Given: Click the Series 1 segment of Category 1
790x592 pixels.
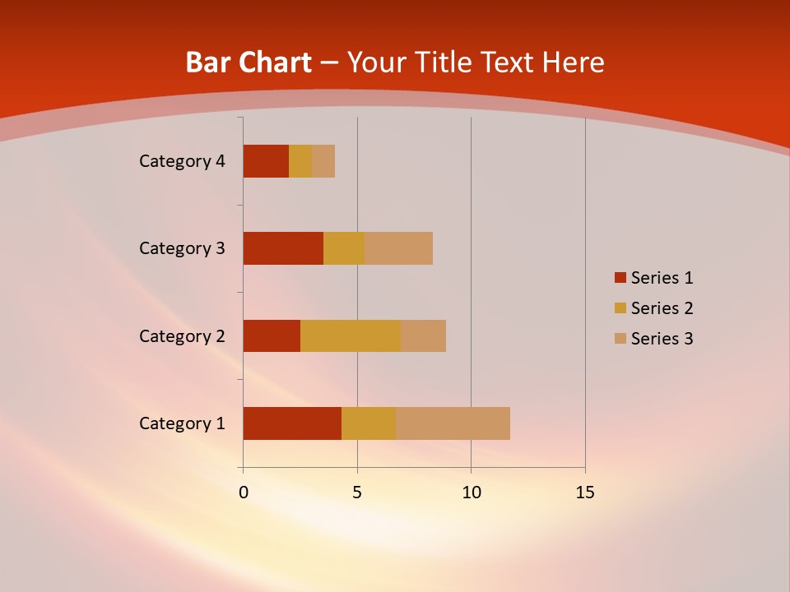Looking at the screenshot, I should click(x=292, y=423).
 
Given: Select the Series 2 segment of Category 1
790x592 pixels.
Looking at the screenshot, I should click(x=369, y=423).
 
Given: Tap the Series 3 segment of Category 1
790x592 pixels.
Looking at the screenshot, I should click(x=453, y=423).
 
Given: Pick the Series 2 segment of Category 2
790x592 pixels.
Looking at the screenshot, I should click(x=351, y=335).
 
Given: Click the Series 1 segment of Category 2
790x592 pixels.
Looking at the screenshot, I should click(x=272, y=335).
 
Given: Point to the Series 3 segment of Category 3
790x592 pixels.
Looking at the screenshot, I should click(x=398, y=248).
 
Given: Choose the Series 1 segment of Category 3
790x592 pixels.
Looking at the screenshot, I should click(x=283, y=248).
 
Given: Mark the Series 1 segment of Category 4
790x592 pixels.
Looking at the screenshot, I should click(x=266, y=161).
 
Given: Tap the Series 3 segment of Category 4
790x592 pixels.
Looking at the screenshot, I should click(x=323, y=161).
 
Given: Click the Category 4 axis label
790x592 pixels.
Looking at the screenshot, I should click(x=182, y=161).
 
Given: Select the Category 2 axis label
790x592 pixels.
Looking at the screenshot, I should click(x=182, y=335).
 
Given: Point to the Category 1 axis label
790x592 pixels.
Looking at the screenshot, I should click(x=182, y=423).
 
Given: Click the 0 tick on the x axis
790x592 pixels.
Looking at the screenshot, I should click(x=244, y=493).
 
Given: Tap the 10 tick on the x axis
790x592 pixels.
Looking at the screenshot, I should click(x=471, y=493).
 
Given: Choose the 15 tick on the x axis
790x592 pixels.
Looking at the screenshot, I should click(x=585, y=493).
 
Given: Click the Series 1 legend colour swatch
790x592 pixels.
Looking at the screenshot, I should click(x=620, y=278).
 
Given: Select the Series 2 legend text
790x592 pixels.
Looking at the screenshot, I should click(x=662, y=308).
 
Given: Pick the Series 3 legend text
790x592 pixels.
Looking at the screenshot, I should click(x=662, y=339).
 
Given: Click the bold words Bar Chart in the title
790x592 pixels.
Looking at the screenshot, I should click(x=249, y=62).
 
